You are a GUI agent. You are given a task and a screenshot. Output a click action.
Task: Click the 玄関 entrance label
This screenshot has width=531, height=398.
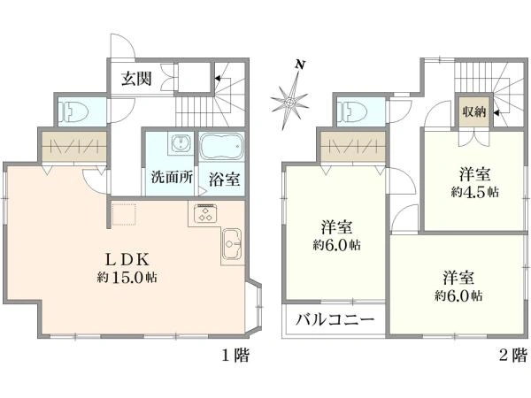coord(136,79)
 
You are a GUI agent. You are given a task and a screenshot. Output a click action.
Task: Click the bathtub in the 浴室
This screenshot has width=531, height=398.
coord(222,146)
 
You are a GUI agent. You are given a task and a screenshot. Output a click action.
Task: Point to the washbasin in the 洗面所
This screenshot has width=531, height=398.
coord(181,143)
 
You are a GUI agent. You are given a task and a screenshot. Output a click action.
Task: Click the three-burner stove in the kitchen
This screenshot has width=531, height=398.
coord(205,213)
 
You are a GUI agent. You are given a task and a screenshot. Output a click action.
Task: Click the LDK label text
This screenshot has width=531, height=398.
coord(127,260)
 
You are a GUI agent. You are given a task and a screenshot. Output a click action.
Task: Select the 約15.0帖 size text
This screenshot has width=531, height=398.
coord(127,278)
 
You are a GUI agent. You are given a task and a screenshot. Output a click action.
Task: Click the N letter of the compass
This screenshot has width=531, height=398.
coord(299,65)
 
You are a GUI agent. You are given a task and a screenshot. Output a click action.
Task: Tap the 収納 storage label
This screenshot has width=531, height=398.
coord(474,111)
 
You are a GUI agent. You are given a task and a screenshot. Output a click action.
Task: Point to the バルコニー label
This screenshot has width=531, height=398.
coord(335,319)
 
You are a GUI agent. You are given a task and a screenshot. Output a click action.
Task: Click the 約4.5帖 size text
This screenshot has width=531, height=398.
coord(474,192)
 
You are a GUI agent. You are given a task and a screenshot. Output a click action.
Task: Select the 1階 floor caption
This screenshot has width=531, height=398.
coord(235,356)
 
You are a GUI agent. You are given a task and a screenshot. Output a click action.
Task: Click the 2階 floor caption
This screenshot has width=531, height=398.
coord(513,356)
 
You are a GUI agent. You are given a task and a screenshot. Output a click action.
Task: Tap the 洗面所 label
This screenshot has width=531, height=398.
coord(172,177)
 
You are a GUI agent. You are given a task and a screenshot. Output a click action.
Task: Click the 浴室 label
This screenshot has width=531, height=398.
coord(224,180)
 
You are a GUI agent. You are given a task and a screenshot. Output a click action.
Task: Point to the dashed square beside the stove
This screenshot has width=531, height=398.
coord(124,214)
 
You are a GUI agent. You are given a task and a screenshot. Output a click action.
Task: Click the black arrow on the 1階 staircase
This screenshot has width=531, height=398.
coord(218,79)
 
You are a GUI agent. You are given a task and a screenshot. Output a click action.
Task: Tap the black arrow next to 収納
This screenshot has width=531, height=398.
coord(496,112)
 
